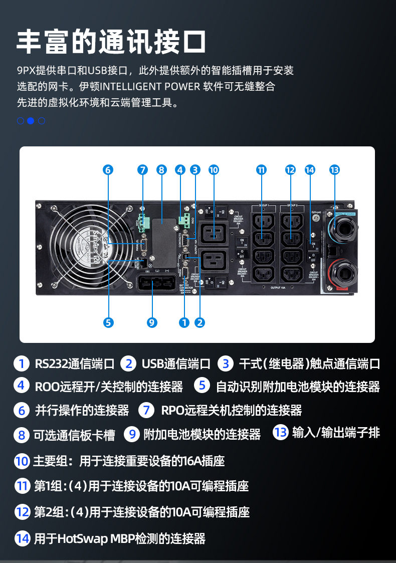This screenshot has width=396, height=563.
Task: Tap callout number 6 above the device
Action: click(x=108, y=170)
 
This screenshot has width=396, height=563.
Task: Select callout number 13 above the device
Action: click(x=335, y=170)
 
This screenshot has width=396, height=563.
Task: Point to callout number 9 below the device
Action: click(x=152, y=322)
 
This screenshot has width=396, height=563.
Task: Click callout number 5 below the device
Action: click(x=108, y=322)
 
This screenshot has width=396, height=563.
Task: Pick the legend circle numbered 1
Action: click(x=21, y=363)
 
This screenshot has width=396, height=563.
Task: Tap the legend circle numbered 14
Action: click(x=22, y=539)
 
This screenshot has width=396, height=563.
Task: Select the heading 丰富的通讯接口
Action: click(x=111, y=42)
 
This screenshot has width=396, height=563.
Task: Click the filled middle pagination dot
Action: click(x=31, y=120)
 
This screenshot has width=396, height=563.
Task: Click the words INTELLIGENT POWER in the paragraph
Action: click(x=150, y=86)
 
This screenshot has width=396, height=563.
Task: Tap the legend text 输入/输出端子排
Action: click(x=336, y=433)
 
